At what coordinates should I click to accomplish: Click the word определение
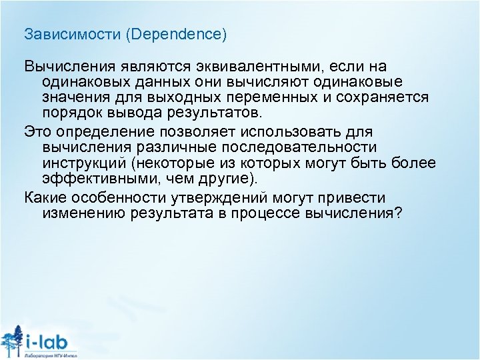[107, 131]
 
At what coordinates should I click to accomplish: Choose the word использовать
[299, 131]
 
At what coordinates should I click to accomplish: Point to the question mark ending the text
[398, 213]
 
